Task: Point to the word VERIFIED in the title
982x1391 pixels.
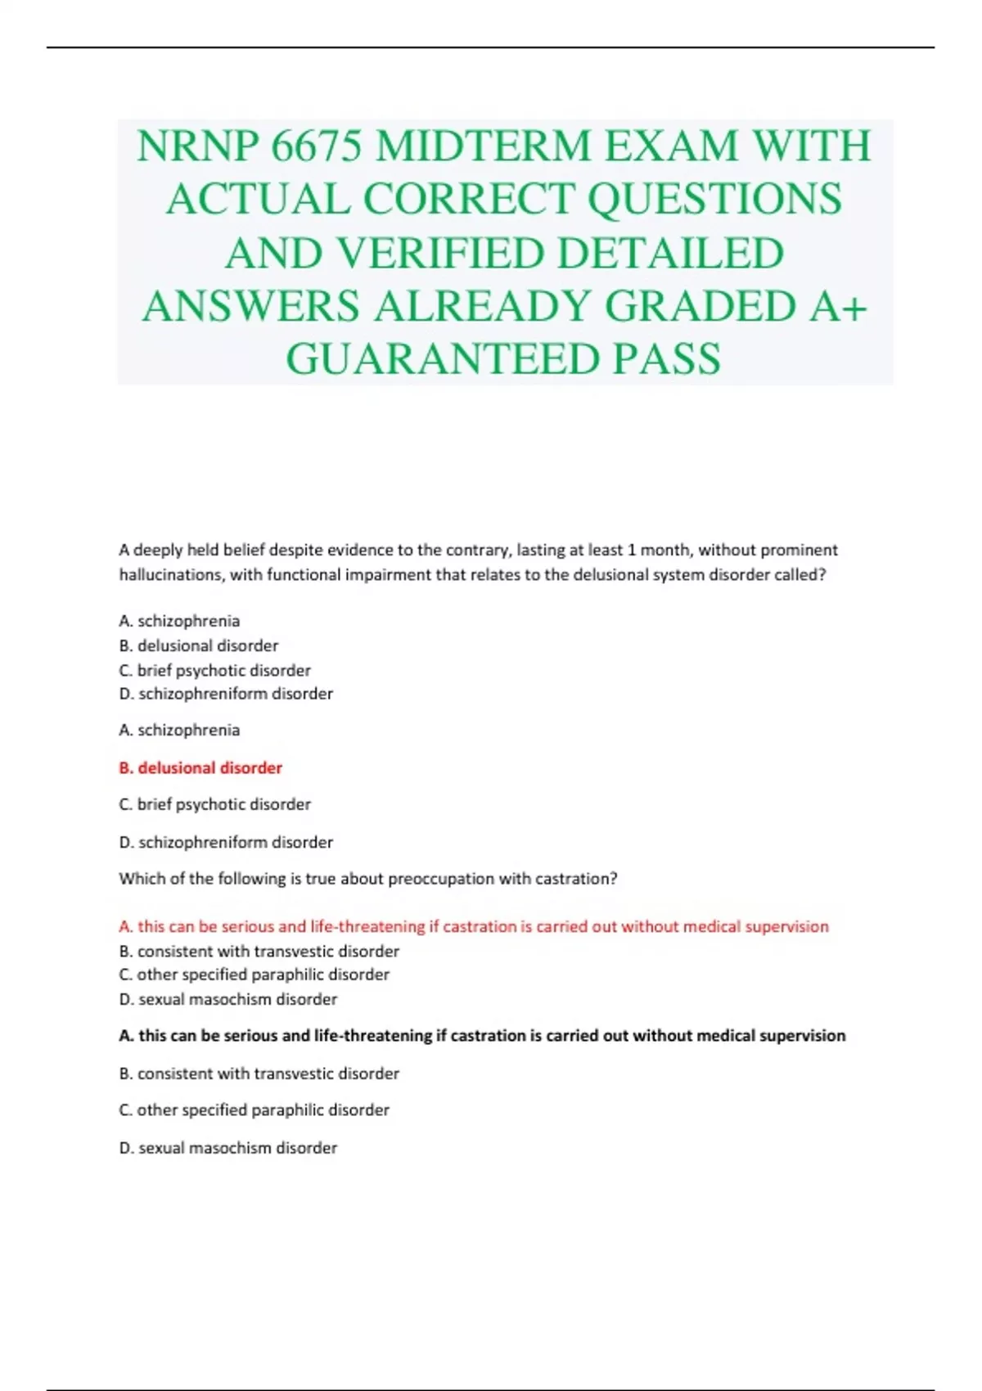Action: click(x=440, y=253)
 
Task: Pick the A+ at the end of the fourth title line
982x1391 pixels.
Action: click(x=839, y=306)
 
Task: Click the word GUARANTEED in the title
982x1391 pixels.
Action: click(x=442, y=359)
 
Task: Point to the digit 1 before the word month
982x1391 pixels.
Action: click(x=631, y=550)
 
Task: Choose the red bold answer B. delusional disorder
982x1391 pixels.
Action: click(x=200, y=768)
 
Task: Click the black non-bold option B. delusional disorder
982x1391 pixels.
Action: click(x=199, y=646)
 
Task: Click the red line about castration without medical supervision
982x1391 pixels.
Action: click(x=474, y=926)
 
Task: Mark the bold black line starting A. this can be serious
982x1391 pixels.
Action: click(x=482, y=1036)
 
